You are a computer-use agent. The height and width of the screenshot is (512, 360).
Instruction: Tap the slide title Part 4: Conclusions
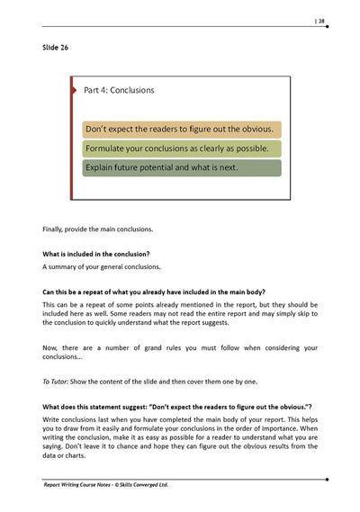(x=118, y=91)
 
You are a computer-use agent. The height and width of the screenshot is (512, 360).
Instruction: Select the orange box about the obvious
(x=181, y=129)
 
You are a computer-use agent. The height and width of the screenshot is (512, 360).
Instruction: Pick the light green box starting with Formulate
(x=181, y=148)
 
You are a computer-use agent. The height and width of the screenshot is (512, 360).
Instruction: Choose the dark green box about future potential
(x=181, y=167)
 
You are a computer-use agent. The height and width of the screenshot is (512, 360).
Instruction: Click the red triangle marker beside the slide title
(x=74, y=90)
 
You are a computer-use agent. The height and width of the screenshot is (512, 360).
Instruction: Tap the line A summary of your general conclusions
(x=102, y=267)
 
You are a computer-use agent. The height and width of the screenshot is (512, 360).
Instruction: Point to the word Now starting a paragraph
(x=51, y=346)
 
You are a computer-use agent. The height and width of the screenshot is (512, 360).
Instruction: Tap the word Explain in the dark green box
(x=102, y=167)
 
